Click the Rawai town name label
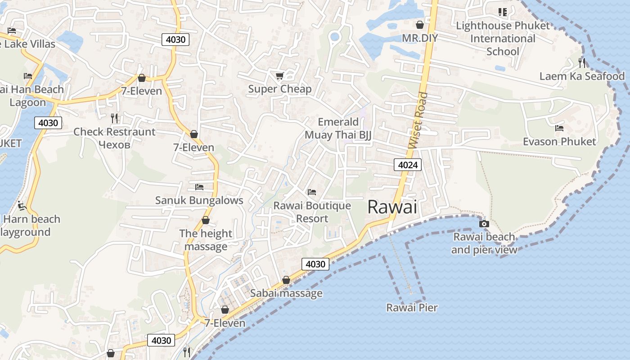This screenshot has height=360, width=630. (392, 207)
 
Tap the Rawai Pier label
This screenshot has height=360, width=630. (412, 308)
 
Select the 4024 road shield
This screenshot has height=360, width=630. (408, 165)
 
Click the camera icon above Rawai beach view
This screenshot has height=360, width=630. (484, 224)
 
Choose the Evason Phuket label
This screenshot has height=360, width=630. (559, 142)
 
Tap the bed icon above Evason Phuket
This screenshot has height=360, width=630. (559, 128)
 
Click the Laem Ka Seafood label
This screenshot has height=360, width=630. (582, 76)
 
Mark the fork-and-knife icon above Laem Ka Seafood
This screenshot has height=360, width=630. (582, 62)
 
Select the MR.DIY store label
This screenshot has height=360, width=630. (419, 38)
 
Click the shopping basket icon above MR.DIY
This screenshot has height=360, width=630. (420, 24)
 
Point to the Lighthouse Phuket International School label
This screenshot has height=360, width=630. (503, 38)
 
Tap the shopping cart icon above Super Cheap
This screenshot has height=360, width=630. (279, 76)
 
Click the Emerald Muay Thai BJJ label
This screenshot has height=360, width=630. (338, 128)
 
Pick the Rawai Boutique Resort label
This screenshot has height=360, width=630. (312, 212)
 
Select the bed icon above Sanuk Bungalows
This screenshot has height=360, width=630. (199, 187)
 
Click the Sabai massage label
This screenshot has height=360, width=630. (286, 293)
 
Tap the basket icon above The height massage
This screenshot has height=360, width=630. (206, 220)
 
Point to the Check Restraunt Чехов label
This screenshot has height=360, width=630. (114, 138)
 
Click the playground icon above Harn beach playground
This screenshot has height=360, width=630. (22, 206)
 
